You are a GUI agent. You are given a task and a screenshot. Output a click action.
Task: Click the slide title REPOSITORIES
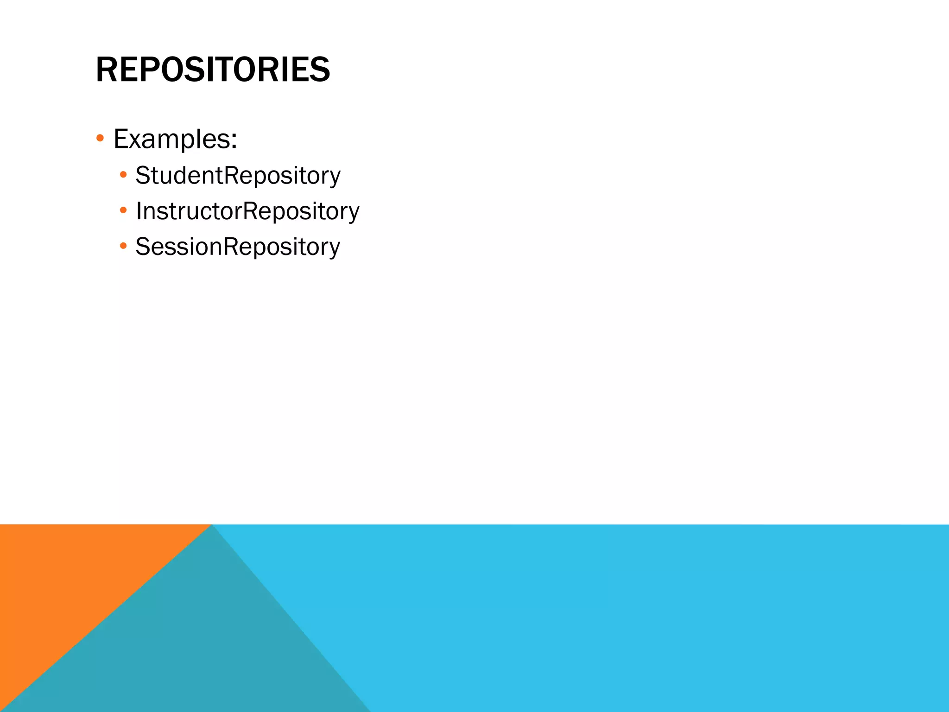click(x=213, y=70)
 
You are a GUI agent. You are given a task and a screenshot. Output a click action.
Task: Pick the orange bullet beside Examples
click(x=100, y=138)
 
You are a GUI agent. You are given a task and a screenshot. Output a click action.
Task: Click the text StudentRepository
click(x=238, y=176)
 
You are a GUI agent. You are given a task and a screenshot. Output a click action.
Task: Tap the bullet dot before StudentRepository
click(x=123, y=175)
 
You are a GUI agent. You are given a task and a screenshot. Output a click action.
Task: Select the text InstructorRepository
click(x=247, y=211)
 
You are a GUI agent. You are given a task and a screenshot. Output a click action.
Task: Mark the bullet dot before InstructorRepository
click(x=123, y=210)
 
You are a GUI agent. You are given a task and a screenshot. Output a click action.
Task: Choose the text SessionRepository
click(x=238, y=247)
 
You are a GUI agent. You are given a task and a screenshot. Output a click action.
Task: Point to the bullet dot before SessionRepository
click(x=123, y=246)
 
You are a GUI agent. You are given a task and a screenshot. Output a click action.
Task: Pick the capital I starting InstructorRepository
click(x=139, y=211)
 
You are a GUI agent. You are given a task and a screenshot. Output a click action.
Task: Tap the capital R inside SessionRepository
click(x=231, y=247)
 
